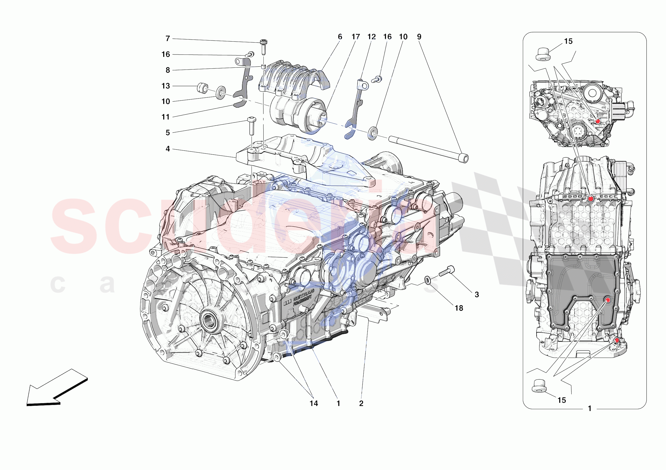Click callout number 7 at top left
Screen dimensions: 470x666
click(167, 38)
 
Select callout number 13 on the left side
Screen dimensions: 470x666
click(165, 86)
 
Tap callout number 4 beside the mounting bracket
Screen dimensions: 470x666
click(167, 149)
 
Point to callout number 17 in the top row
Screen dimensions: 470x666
click(356, 37)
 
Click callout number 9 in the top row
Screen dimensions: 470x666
click(419, 37)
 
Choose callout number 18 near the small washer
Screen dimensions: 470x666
click(459, 308)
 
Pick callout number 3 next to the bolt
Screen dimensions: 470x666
click(477, 295)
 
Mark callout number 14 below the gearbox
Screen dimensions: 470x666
click(313, 403)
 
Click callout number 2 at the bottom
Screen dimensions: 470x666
click(361, 403)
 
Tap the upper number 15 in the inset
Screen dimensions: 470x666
click(568, 41)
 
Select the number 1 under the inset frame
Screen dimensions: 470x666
click(590, 409)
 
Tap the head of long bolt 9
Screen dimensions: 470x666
click(464, 159)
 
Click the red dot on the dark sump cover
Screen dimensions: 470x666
click(608, 300)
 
